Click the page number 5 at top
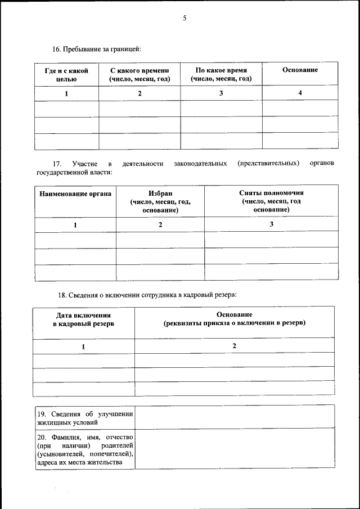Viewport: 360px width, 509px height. [184, 18]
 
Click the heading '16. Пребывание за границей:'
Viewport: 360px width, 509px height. [97, 49]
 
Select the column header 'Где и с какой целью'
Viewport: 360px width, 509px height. [66, 74]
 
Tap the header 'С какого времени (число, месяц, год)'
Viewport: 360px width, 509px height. [139, 74]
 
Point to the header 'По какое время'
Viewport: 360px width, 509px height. [221, 70]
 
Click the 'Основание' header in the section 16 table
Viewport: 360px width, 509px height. [300, 70]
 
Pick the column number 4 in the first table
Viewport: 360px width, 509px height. [300, 93]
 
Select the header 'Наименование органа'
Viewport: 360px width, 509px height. [75, 193]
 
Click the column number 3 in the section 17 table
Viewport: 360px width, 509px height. [271, 224]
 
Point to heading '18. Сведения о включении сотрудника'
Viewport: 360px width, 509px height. [148, 294]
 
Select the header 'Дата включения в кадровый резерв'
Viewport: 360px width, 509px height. [83, 320]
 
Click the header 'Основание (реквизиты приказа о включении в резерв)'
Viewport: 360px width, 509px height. [235, 319]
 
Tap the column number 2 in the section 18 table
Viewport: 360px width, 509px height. [235, 345]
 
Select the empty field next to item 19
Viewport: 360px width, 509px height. [235, 417]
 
